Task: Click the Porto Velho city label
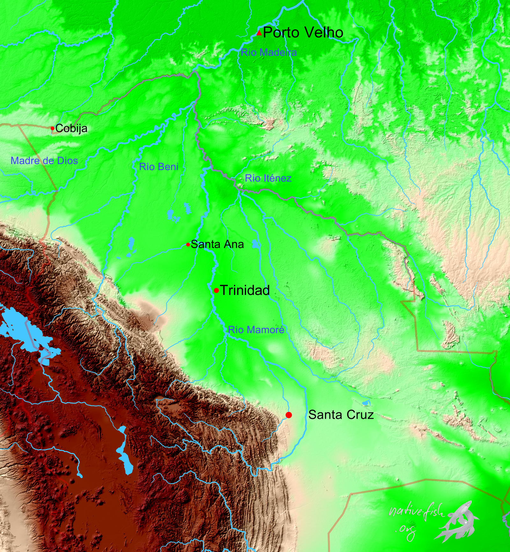point(303,32)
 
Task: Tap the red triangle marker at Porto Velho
point(259,33)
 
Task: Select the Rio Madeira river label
point(268,52)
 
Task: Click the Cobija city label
point(71,128)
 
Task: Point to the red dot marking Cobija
point(53,128)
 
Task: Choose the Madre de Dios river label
point(44,161)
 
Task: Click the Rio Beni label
point(159,167)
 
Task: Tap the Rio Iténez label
point(268,178)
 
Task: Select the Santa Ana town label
point(217,244)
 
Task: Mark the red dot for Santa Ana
point(188,245)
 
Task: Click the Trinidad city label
point(245,290)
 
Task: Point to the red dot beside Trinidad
point(216,290)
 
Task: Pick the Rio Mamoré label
point(256,330)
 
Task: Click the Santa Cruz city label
point(341,415)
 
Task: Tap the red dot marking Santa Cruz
point(289,415)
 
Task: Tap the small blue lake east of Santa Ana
point(255,244)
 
